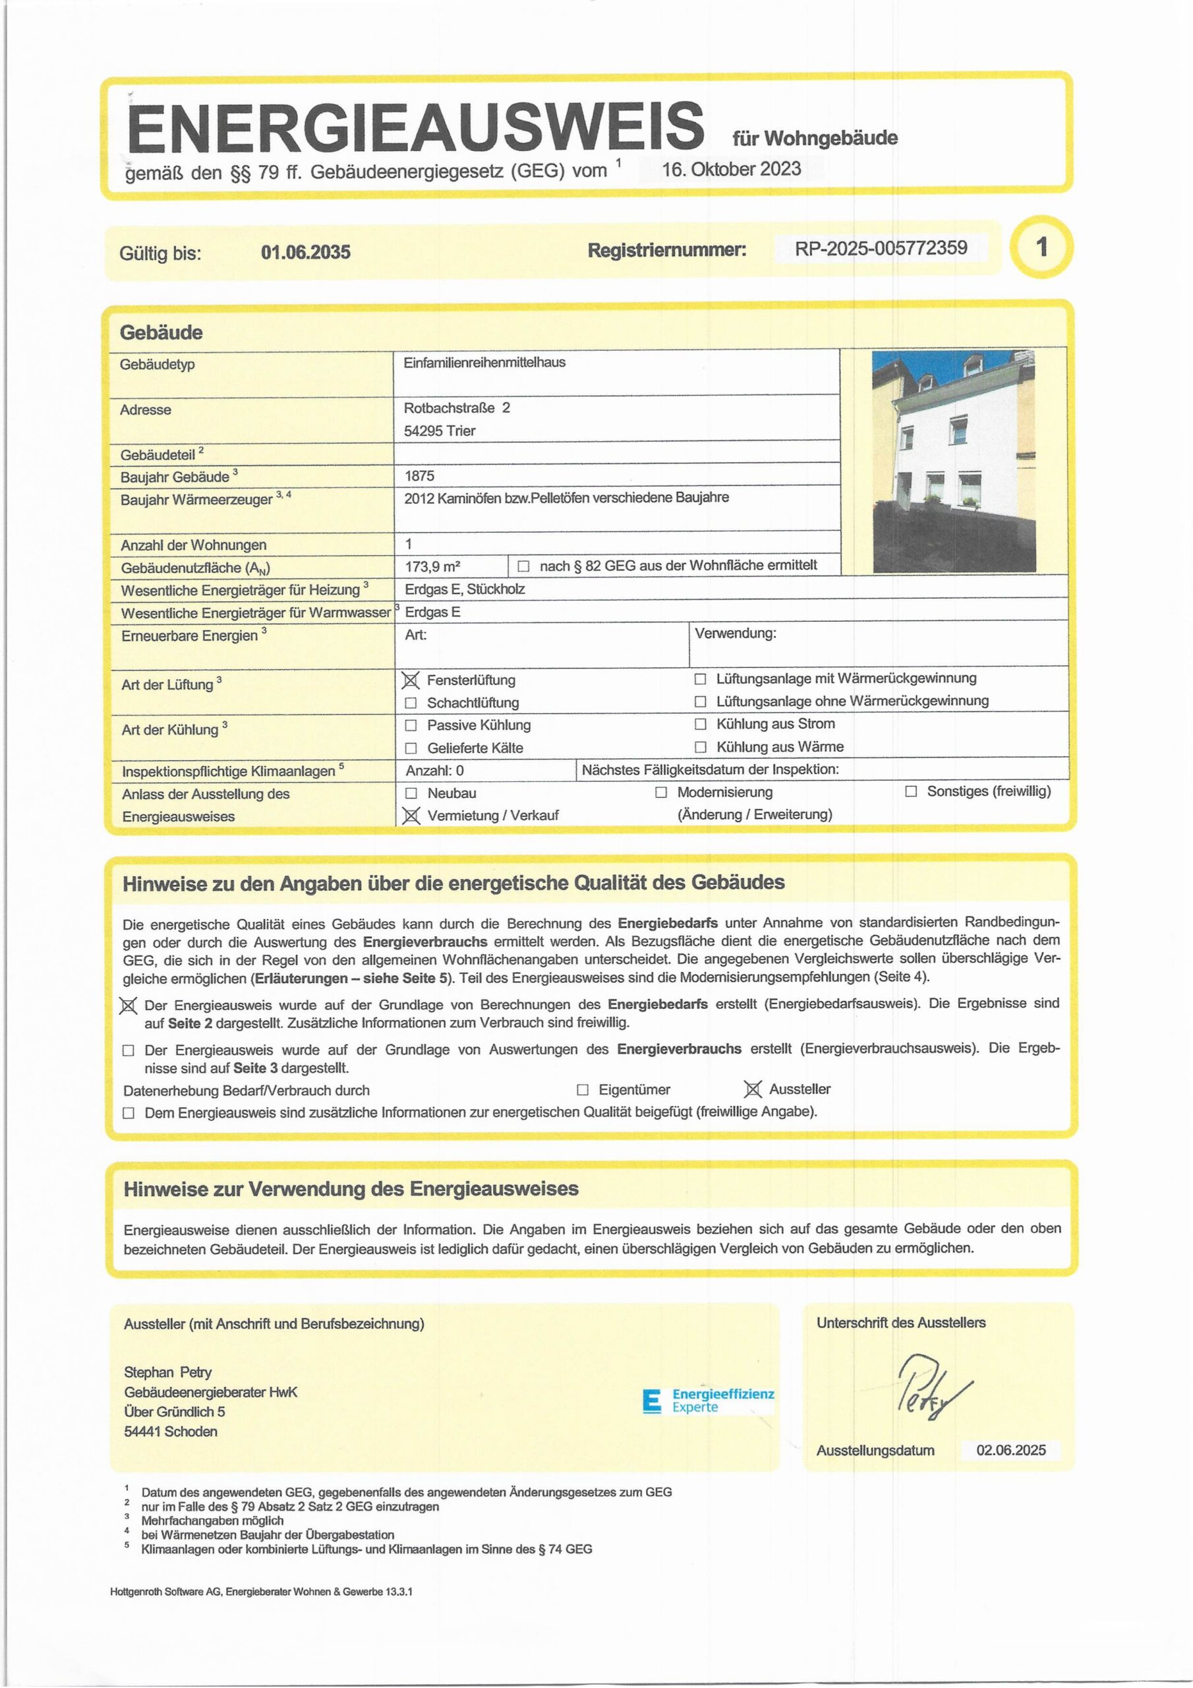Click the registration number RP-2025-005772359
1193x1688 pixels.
[x=881, y=248]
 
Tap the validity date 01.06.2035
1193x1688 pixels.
[x=306, y=252]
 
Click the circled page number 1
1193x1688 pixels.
[x=1041, y=247]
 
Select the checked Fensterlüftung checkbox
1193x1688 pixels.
[x=411, y=680]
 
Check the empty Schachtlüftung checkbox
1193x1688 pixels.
[x=411, y=704]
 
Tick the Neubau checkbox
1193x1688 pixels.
[x=412, y=793]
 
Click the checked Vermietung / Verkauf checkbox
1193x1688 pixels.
[x=412, y=816]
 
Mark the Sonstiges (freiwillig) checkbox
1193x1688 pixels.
[x=912, y=792]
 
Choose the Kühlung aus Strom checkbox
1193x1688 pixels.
[x=701, y=724]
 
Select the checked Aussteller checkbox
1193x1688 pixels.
[x=753, y=1089]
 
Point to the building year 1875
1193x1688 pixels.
[x=419, y=475]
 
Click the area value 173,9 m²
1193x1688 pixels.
[x=433, y=567]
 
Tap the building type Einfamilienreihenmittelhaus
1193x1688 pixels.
[x=484, y=363]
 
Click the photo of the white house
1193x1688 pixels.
[x=953, y=461]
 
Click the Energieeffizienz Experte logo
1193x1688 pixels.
[x=709, y=1401]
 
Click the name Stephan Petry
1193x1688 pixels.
[x=167, y=1372]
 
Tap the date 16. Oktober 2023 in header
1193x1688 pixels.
[x=732, y=169]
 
